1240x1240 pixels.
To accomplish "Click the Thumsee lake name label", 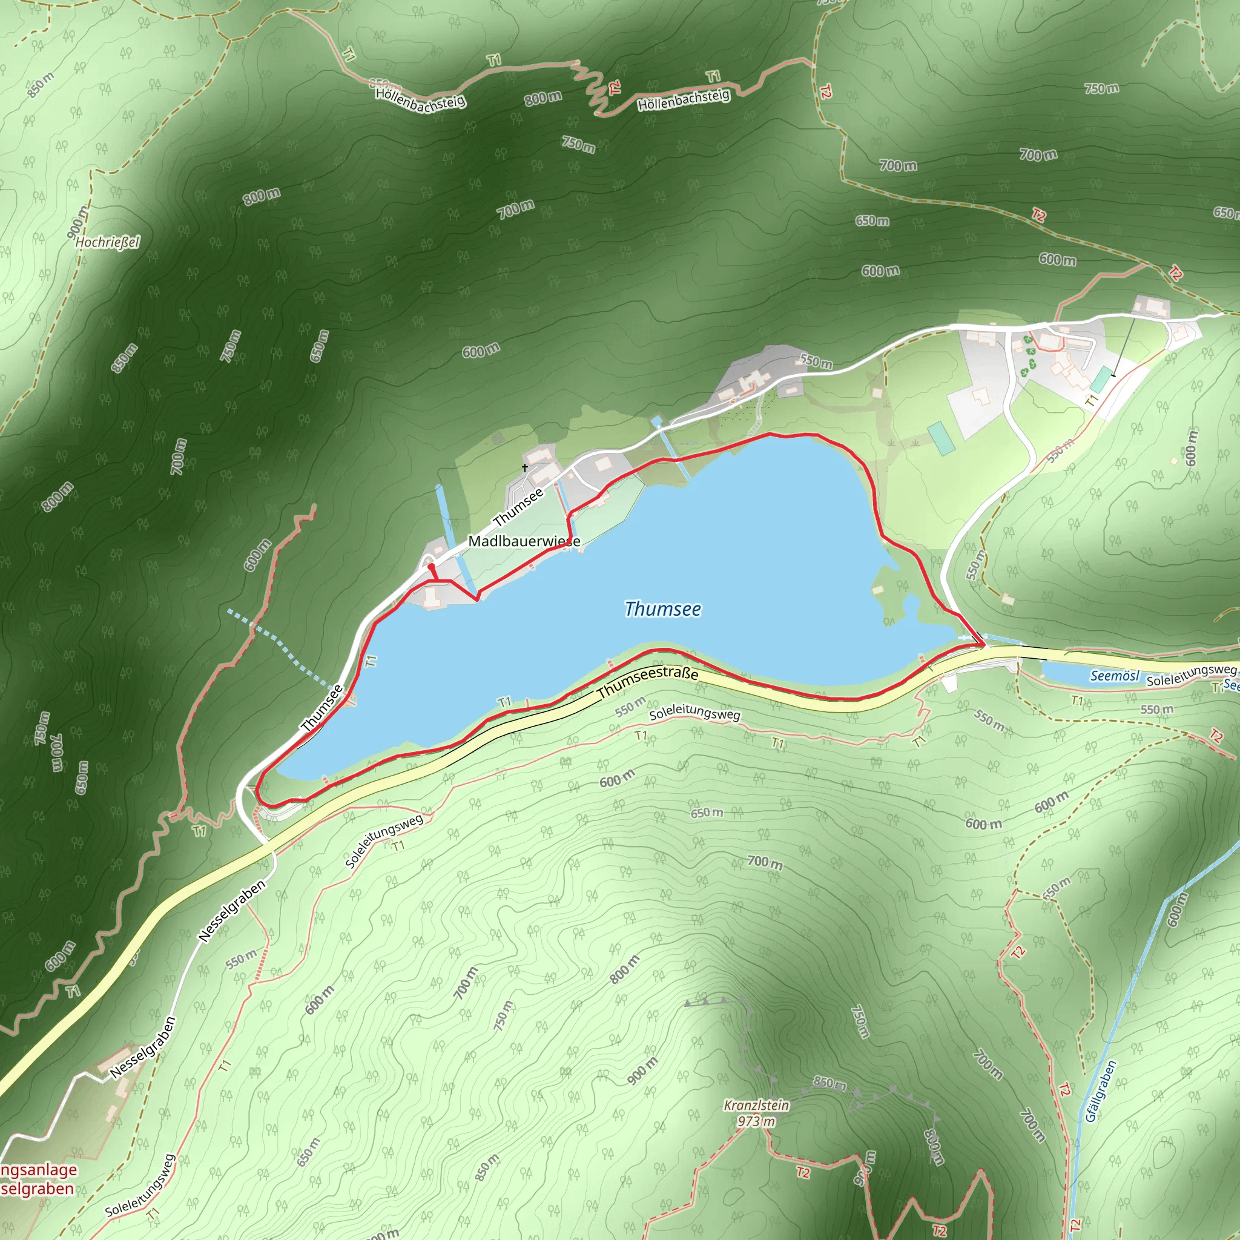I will tap(663, 608).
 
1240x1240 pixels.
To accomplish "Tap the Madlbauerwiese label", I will tap(524, 541).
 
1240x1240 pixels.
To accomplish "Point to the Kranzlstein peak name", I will tap(756, 1104).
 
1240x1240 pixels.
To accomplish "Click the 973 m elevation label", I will tap(756, 1121).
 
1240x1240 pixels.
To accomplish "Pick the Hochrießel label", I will tap(107, 242).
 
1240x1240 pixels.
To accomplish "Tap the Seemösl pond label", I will tap(1114, 675).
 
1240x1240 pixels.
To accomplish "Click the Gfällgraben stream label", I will tap(1101, 1090).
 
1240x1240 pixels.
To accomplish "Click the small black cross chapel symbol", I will tap(525, 467).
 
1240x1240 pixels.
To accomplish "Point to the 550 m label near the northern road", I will tap(816, 361).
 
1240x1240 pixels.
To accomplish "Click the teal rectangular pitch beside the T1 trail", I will tap(1101, 379).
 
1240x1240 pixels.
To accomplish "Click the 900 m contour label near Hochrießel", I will tap(77, 222).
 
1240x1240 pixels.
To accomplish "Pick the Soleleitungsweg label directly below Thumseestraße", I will tap(694, 714).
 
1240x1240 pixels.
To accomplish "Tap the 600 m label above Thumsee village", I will tap(481, 351).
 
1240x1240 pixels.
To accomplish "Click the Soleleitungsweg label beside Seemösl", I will tap(1190, 675).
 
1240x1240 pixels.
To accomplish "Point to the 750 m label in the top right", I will tap(1101, 88).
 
